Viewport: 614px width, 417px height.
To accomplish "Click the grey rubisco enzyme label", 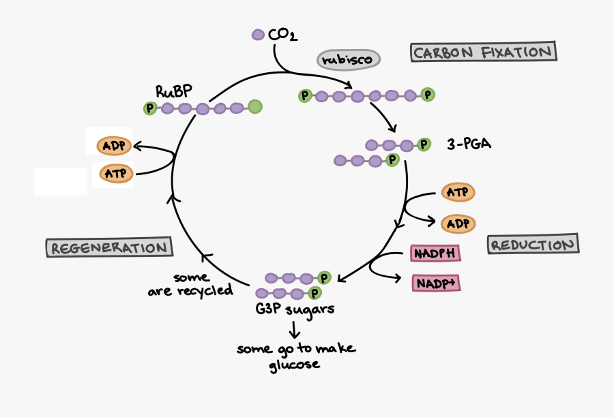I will point(348,59).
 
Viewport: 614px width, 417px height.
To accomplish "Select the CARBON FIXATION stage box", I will point(484,52).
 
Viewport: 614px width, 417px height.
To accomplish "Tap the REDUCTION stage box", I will point(532,245).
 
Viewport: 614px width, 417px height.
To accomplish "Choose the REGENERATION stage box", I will point(109,247).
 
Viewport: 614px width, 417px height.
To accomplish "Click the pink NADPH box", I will point(435,253).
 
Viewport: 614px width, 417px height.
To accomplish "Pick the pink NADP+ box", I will point(435,283).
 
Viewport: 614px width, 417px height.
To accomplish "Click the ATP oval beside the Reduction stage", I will point(458,193).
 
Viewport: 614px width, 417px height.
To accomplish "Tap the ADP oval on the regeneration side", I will point(113,146).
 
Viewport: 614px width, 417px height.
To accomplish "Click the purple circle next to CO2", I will point(258,34).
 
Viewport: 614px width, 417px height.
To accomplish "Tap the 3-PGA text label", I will point(469,144).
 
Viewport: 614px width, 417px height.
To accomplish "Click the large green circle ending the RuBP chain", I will point(254,106).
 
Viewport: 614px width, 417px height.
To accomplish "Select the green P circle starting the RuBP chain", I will point(149,108).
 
